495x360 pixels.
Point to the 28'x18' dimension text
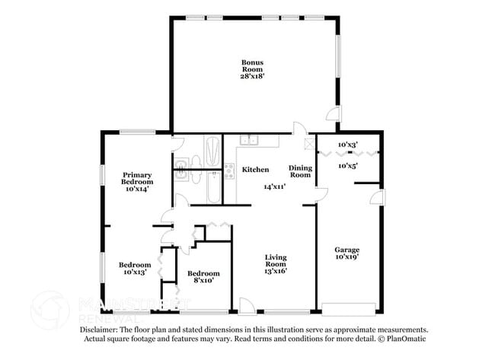pos(253,75)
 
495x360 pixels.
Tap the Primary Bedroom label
pos(138,178)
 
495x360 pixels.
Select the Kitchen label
pos(255,170)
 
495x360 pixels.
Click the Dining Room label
pos(301,171)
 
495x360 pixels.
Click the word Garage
pos(347,250)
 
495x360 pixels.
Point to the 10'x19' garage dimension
pos(347,257)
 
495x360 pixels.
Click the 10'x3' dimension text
pos(348,144)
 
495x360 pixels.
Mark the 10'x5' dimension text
pos(348,165)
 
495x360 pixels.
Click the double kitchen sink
pos(249,140)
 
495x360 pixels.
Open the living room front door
pos(247,305)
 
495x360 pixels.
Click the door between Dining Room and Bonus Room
pos(299,129)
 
